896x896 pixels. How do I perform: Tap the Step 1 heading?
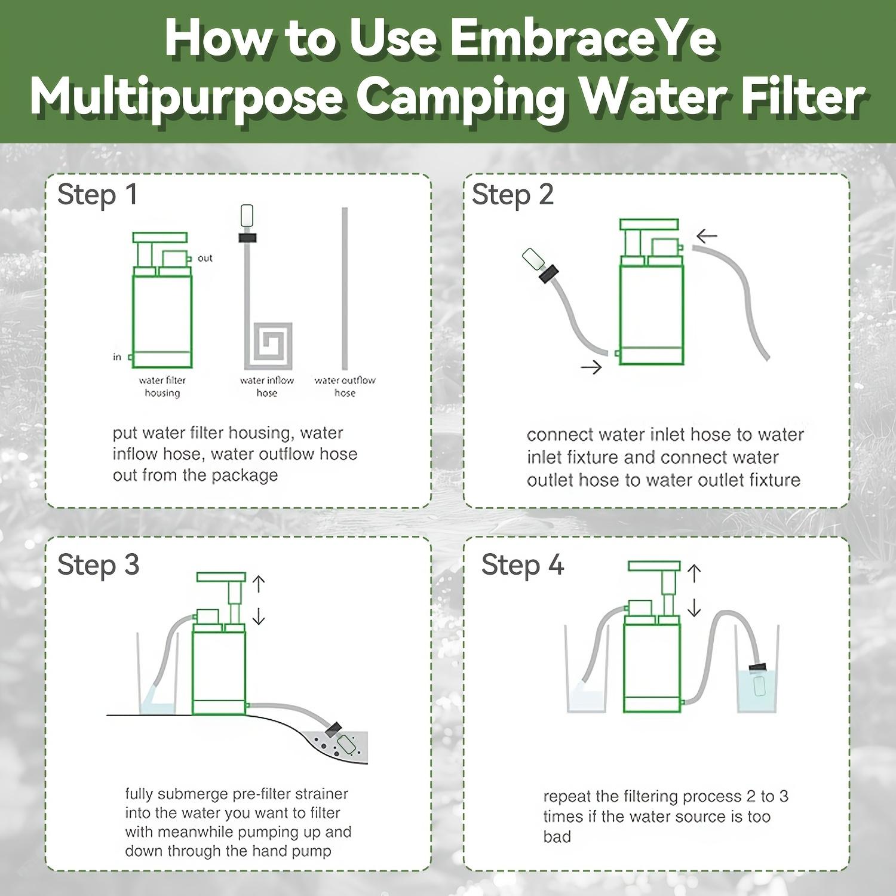click(97, 195)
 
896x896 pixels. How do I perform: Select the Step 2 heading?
click(513, 195)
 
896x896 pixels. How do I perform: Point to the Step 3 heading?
click(99, 564)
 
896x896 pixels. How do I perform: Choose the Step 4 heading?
click(522, 564)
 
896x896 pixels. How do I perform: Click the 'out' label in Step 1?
click(205, 258)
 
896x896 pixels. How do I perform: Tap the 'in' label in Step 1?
click(117, 357)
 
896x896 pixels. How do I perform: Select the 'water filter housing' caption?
click(162, 386)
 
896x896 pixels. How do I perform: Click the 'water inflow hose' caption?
click(267, 386)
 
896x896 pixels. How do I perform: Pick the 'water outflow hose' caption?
click(345, 386)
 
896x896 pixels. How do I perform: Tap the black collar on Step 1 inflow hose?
click(247, 237)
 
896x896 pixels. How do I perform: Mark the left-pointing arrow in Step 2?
click(707, 236)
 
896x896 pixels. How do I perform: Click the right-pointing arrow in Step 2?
click(591, 367)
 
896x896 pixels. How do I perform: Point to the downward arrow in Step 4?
click(694, 608)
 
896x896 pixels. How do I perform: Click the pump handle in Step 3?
click(221, 577)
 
